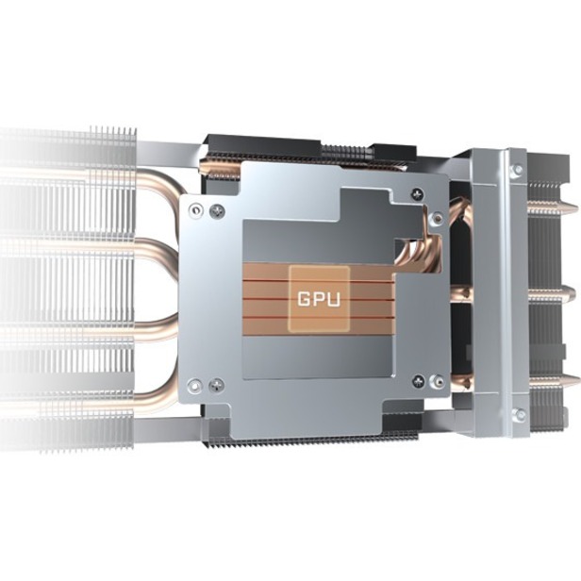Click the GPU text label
[x=319, y=299]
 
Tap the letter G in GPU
[x=304, y=299]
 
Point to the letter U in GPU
[x=334, y=299]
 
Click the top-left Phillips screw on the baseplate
[x=217, y=211]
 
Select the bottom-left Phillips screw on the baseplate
[x=217, y=386]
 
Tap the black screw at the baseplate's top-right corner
[x=418, y=193]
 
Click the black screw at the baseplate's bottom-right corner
[x=419, y=380]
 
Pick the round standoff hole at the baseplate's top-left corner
[x=195, y=210]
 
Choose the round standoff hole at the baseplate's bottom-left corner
[x=195, y=386]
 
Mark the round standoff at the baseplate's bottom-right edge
[x=438, y=382]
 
